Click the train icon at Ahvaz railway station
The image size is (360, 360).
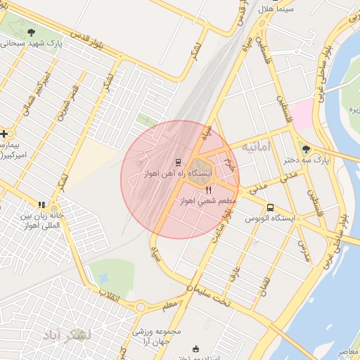pyautogui.click(x=178, y=162)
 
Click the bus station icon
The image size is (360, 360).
pyautogui.click(x=271, y=207)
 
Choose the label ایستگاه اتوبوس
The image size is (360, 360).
pyautogui.click(x=271, y=219)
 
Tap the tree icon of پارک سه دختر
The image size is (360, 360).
pyautogui.click(x=304, y=148)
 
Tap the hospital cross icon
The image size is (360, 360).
pyautogui.click(x=4, y=133)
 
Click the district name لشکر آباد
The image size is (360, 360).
pyautogui.click(x=67, y=335)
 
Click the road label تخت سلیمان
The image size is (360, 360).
pyautogui.click(x=207, y=293)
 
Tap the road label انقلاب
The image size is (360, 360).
pyautogui.click(x=108, y=295)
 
